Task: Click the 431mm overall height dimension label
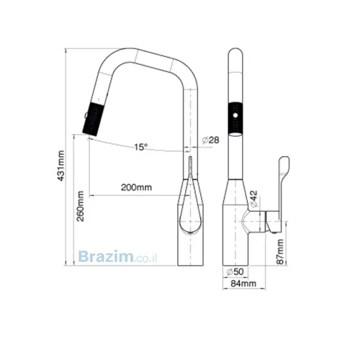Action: click(61, 166)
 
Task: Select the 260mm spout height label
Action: click(80, 206)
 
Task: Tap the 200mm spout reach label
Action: click(136, 187)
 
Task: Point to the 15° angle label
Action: click(140, 147)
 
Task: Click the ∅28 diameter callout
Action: click(210, 140)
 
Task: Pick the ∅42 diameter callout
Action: click(253, 199)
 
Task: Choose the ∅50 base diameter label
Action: click(235, 271)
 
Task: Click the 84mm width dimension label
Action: click(243, 284)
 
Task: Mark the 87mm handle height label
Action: click(280, 251)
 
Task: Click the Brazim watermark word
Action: click(106, 256)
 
